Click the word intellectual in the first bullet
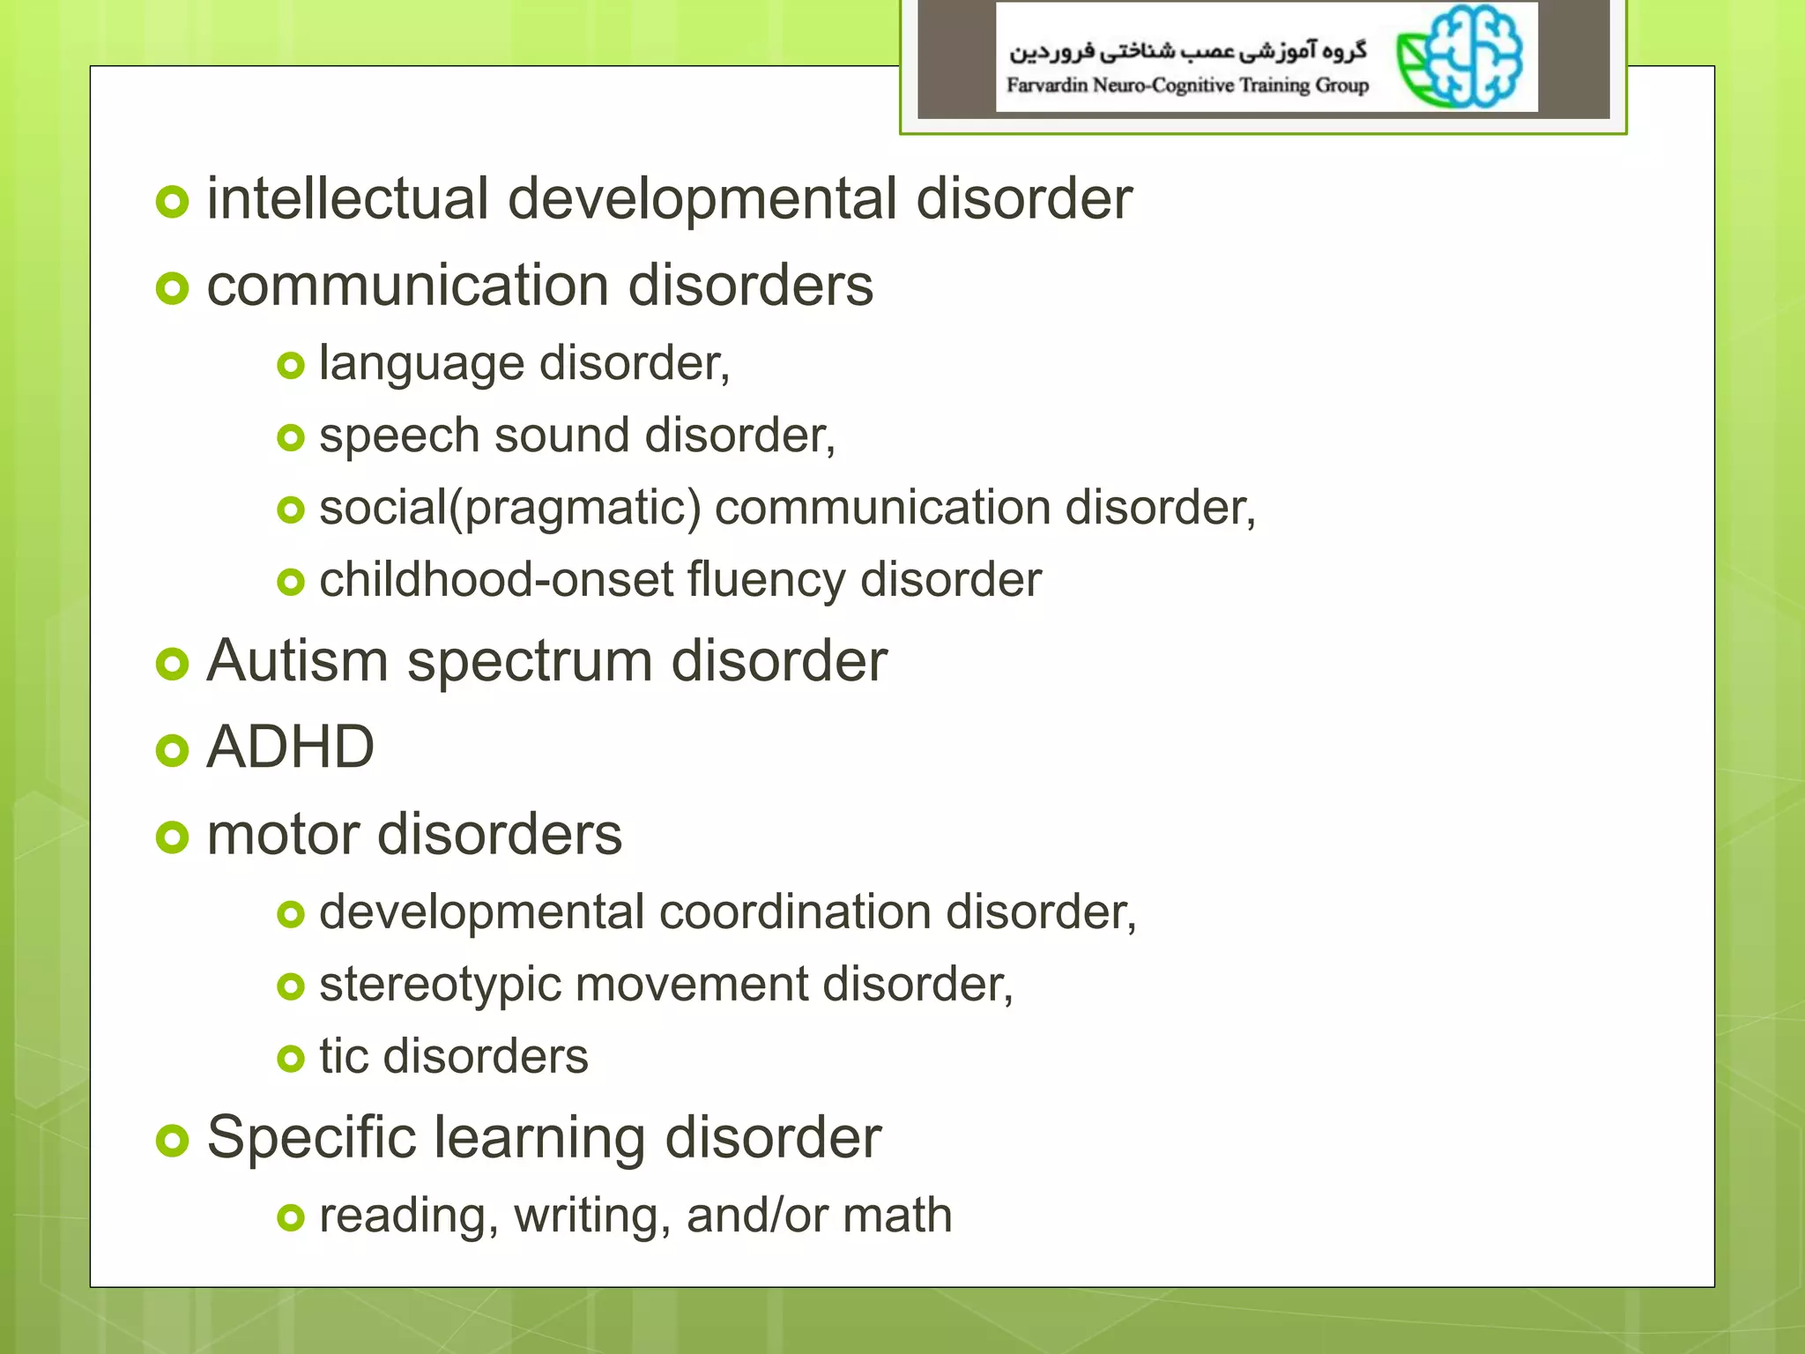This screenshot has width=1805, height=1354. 347,198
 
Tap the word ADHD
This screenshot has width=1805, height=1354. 290,748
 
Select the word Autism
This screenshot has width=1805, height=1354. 297,660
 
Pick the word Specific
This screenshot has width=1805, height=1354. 311,1138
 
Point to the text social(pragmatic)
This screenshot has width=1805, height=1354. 510,509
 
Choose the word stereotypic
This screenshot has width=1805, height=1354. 440,985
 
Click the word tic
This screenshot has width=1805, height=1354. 343,1056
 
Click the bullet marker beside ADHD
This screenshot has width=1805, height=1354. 172,750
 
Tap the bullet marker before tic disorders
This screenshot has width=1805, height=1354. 290,1058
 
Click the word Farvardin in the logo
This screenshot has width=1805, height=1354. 1047,86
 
